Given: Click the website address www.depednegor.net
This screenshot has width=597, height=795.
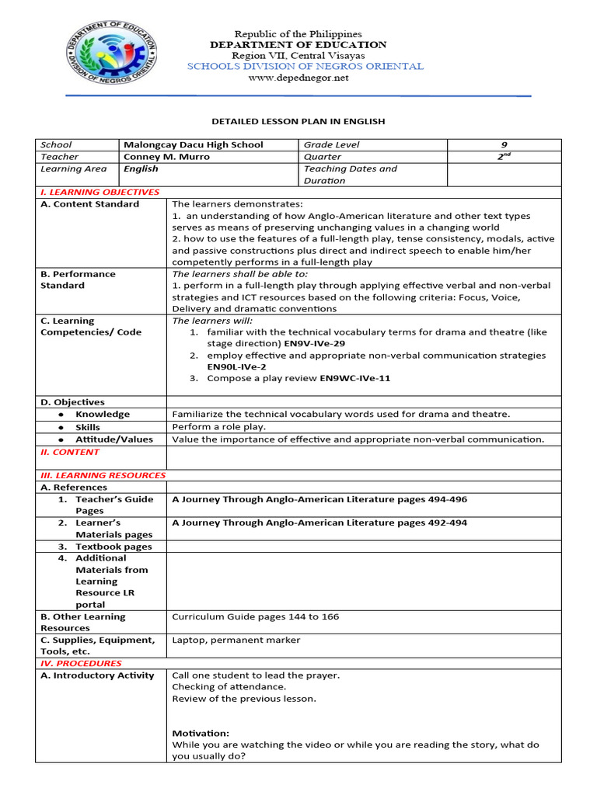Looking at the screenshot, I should coord(298,78).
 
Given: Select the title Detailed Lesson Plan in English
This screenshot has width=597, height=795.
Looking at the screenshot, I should coord(298,122).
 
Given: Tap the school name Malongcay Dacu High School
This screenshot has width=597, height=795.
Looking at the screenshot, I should coord(194,145).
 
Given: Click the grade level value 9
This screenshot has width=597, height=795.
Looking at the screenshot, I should coord(504,145).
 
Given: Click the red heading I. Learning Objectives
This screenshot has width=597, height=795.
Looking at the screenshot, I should coord(99,192).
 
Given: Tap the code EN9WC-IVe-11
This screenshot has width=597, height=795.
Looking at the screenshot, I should coord(356,378).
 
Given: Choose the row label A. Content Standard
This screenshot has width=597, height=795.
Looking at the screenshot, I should coord(89,204).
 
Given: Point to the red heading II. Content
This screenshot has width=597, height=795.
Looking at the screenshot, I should coord(70,452).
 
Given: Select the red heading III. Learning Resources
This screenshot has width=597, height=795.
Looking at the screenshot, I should coord(103,475).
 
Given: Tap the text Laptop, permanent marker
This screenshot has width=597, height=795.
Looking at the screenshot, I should coord(236,641).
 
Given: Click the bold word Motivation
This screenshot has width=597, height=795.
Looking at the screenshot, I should coord(201,733).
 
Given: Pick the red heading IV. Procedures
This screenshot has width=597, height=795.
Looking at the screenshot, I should coord(81,664).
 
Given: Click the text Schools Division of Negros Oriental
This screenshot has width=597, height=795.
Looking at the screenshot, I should coord(305,67).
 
